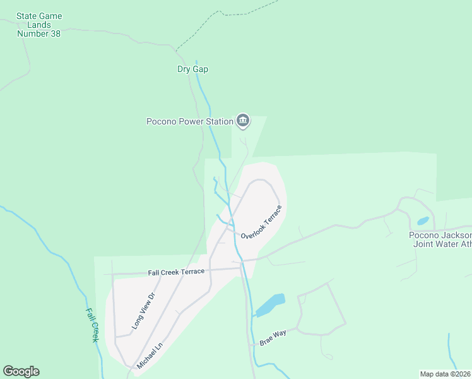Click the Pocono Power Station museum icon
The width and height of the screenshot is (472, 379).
[243, 120]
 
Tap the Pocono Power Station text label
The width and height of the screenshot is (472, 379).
[189, 121]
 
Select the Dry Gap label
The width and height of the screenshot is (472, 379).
[192, 69]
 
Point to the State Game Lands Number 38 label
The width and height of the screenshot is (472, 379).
[38, 25]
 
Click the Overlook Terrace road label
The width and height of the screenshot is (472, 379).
[261, 222]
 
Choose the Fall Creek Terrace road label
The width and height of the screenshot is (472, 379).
[176, 272]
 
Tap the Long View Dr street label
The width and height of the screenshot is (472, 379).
[143, 311]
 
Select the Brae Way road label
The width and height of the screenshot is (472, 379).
[273, 337]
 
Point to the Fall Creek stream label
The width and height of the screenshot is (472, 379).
[93, 325]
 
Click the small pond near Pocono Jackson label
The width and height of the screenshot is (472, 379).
[423, 221]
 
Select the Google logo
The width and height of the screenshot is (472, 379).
[21, 371]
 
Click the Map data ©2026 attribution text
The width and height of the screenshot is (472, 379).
[445, 374]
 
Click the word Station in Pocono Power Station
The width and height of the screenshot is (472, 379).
[216, 121]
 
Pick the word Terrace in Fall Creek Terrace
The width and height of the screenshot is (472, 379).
[191, 272]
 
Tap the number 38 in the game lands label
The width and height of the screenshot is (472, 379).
[55, 33]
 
